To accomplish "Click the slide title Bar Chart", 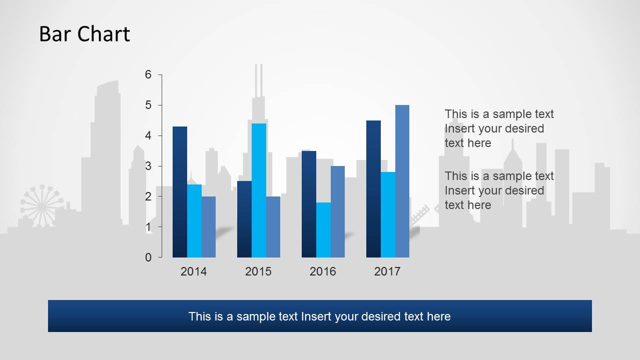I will click(85, 34).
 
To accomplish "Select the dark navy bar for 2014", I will click(180, 192).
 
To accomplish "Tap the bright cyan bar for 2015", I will click(259, 190).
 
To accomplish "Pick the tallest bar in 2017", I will click(402, 181).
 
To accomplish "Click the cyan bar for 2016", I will click(323, 229).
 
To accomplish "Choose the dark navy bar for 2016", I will click(309, 204).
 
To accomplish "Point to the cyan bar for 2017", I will click(388, 214).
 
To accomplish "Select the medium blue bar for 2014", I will click(209, 226).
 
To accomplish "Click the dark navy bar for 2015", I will click(244, 219).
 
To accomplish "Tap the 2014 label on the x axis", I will click(194, 271).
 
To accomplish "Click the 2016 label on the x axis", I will click(323, 271).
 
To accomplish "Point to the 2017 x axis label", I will click(387, 271).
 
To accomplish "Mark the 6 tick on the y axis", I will click(148, 74).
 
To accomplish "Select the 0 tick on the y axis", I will click(148, 257).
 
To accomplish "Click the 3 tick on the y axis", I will click(148, 166).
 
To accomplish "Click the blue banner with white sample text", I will click(320, 316).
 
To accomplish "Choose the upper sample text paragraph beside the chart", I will click(499, 128).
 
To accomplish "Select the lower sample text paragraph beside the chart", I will click(499, 190).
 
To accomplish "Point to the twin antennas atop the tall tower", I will click(259, 80).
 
